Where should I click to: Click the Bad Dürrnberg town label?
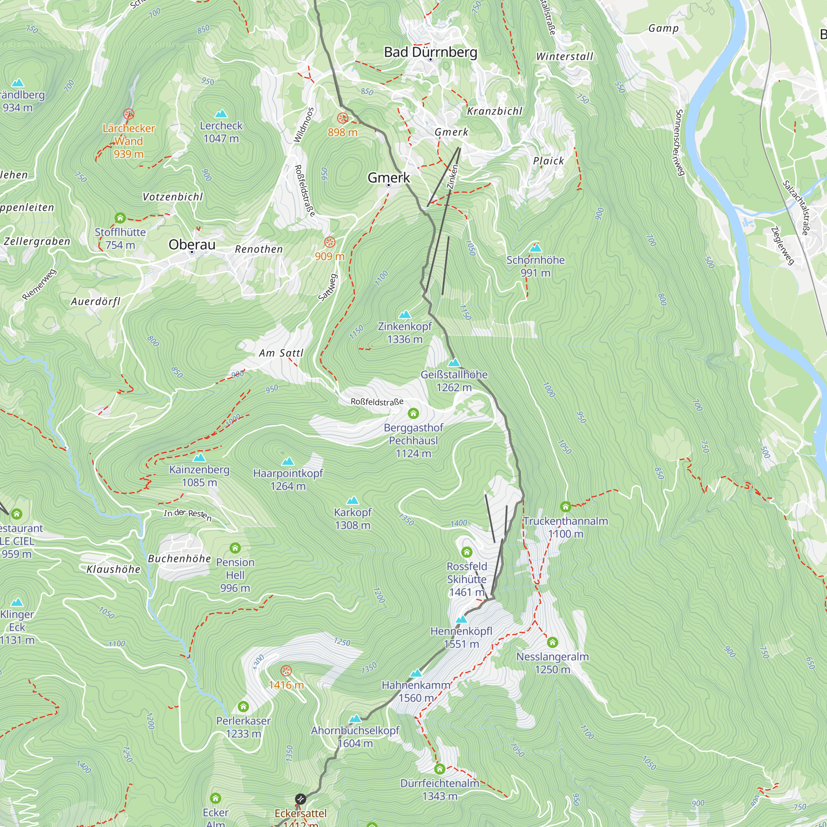(430, 52)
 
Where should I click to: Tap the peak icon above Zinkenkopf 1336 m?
(404, 315)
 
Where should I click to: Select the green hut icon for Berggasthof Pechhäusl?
(413, 413)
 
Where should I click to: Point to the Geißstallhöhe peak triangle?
(454, 363)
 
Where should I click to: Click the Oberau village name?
(192, 244)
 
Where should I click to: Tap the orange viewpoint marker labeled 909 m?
(330, 242)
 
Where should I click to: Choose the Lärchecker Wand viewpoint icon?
(129, 114)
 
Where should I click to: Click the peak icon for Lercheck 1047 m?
(221, 113)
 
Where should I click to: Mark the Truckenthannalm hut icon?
(565, 507)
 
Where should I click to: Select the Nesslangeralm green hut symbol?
(552, 642)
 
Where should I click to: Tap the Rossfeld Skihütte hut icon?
(466, 552)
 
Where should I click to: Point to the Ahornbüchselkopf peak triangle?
(355, 718)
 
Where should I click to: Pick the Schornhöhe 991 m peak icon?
(535, 248)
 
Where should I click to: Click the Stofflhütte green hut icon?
(120, 218)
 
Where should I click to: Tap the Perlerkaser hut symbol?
(243, 706)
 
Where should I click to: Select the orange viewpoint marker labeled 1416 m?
(286, 671)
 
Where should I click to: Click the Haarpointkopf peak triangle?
(288, 461)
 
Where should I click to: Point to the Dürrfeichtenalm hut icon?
(440, 769)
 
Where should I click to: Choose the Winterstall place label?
(564, 57)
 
